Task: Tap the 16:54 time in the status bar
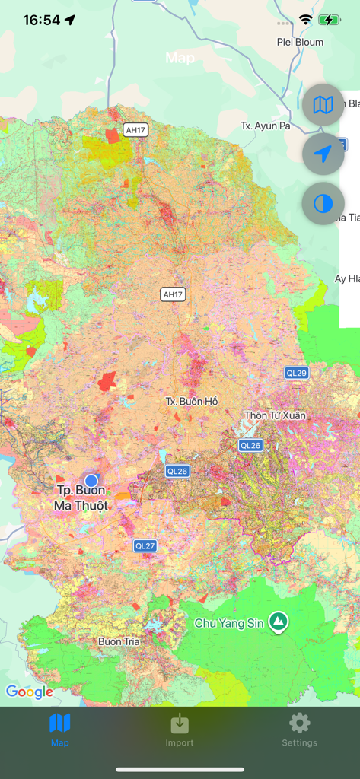coord(41,21)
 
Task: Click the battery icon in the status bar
coord(330,21)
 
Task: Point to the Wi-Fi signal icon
coord(306,21)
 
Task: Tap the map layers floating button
coord(323,105)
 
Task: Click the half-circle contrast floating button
coord(323,203)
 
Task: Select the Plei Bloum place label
coord(299,43)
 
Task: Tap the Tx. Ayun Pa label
coord(265,126)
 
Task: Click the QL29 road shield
coord(296,373)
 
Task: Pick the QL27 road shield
coord(145,545)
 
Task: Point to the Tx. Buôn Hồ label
coord(192,401)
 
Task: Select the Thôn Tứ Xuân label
coord(275,415)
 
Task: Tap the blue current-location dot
coord(91,480)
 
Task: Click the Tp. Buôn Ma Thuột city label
coord(81,498)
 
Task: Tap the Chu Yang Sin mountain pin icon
coord(280,622)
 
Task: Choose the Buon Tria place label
coord(119,641)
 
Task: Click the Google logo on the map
coord(29,692)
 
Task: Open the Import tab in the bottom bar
coord(180,730)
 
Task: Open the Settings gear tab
coord(299,730)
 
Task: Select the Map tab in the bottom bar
coord(59,730)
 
